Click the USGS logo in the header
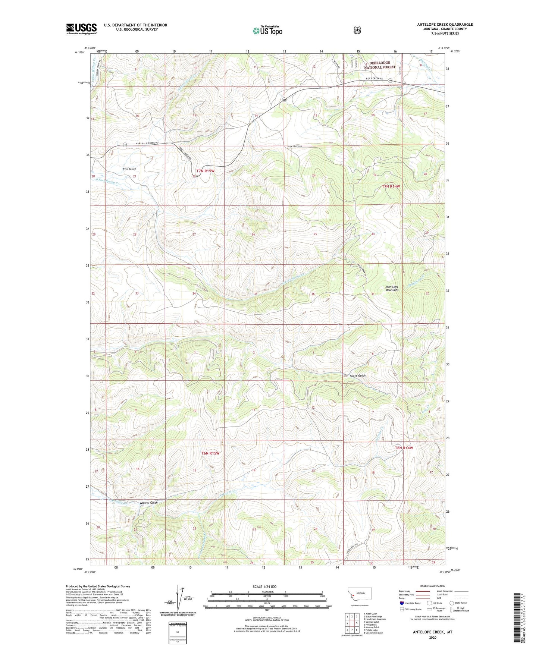tap(81, 29)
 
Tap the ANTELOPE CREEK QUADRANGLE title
tap(445, 25)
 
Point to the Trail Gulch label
tap(129, 169)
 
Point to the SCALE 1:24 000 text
tap(264, 586)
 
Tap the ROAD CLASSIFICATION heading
tap(433, 586)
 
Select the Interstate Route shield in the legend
tap(401, 603)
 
